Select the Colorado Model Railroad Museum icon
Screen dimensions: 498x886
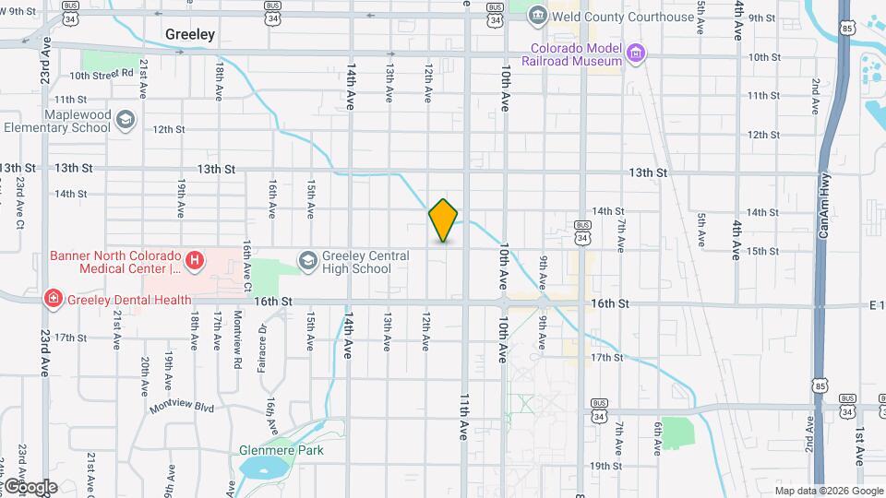coord(635,54)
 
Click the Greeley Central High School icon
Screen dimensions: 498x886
coord(306,262)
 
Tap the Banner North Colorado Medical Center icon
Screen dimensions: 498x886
coord(195,262)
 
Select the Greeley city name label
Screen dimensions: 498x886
coord(190,34)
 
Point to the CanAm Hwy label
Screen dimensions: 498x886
coord(823,209)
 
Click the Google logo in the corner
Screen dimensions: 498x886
coord(30,487)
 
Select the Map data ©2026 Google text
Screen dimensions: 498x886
coord(829,491)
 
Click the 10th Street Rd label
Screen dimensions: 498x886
coord(102,76)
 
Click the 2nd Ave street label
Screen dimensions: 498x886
coord(816,96)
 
